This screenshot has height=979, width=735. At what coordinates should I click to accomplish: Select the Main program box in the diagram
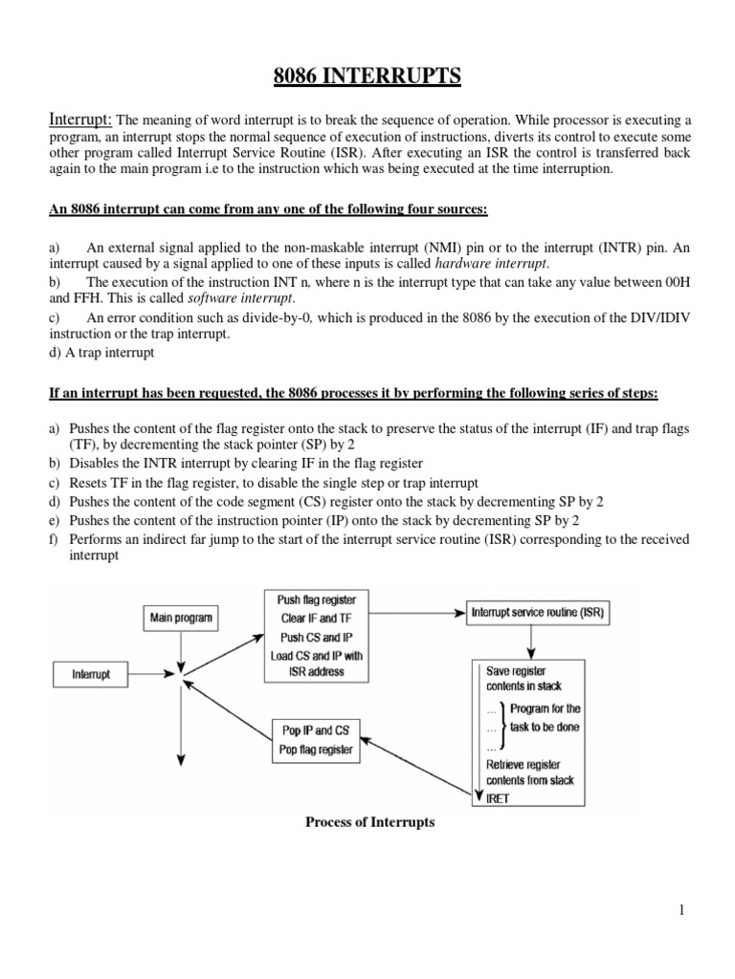(180, 618)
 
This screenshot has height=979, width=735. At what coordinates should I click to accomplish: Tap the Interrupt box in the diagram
(91, 674)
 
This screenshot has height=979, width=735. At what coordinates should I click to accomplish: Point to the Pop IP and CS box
(316, 739)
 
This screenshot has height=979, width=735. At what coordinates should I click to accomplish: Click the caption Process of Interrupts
(368, 822)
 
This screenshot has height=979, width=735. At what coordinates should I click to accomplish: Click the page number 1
(680, 910)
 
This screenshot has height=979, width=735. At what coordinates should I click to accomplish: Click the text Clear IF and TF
(316, 618)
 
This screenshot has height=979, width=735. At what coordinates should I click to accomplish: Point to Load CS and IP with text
(316, 655)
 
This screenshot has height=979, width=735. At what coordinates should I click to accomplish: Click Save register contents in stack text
(523, 678)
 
